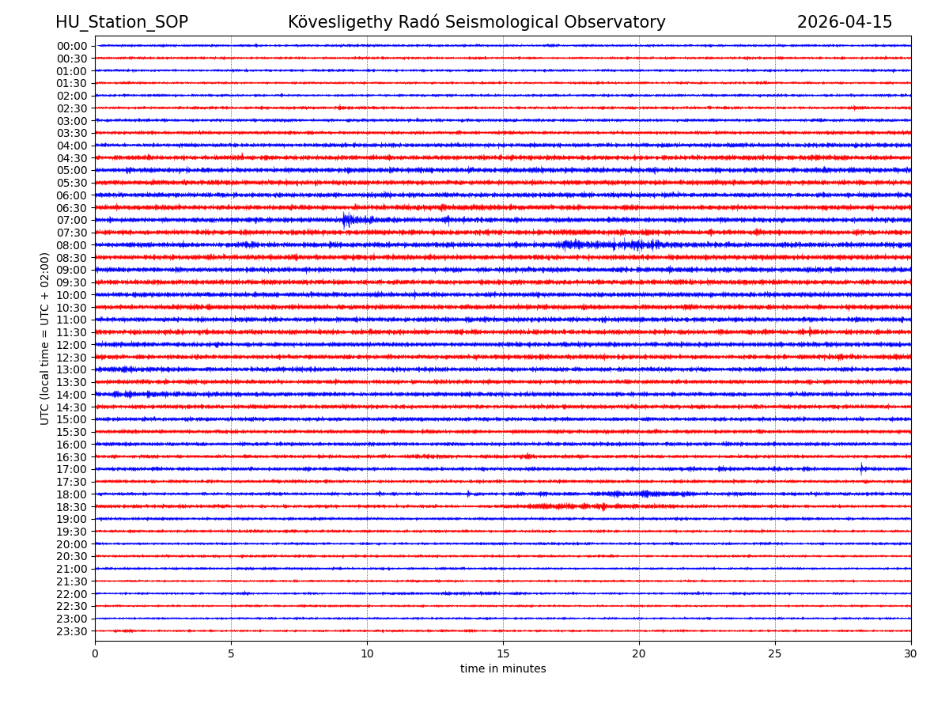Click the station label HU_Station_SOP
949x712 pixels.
point(121,22)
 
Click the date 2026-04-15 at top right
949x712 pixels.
point(844,22)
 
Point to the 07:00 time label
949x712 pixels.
point(72,220)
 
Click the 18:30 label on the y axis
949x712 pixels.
point(72,507)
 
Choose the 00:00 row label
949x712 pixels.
point(72,46)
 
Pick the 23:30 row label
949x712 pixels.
point(72,631)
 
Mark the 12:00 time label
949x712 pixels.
point(72,345)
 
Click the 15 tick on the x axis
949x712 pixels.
point(503,653)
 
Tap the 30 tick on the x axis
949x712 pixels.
point(910,653)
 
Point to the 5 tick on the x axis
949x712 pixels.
point(231,653)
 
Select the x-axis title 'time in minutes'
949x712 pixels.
point(503,669)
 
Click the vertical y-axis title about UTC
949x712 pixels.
point(45,339)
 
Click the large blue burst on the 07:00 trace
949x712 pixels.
point(346,220)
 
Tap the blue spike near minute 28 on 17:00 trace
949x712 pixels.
point(862,468)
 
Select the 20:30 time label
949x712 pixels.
point(72,557)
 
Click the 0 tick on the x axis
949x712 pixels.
point(95,653)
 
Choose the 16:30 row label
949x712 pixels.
point(72,457)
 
